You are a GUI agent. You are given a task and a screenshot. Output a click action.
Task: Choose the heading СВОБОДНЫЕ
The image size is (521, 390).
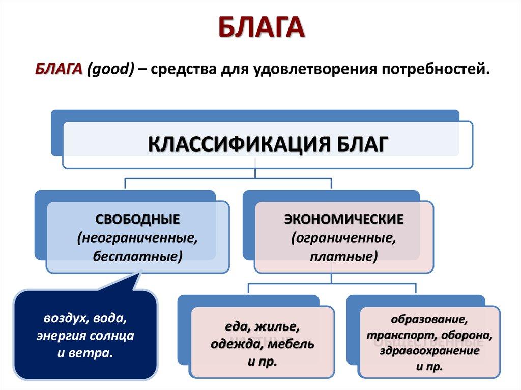tap(137, 219)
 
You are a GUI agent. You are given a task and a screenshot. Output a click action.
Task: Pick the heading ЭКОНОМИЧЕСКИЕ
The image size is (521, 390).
tap(343, 219)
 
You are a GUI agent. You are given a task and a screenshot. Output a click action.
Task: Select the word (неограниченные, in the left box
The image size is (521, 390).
tap(137, 238)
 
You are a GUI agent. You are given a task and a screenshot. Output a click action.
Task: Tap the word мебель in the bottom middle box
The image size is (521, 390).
tap(293, 344)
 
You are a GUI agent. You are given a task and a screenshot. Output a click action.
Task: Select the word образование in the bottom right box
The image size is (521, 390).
tap(429, 320)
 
